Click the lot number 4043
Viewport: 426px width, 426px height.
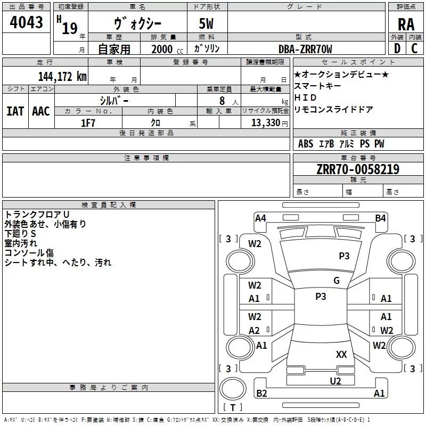[26, 23]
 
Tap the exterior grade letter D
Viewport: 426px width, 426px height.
[397, 48]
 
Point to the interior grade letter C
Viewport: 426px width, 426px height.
[414, 48]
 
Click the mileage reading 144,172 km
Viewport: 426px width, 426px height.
[62, 76]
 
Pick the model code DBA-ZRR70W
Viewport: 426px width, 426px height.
[305, 49]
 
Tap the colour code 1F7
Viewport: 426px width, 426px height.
[88, 122]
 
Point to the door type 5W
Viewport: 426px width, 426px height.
[207, 24]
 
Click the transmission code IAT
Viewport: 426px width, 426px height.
[15, 111]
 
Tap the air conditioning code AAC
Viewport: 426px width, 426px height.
[41, 111]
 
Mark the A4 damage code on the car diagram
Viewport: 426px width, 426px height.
[260, 218]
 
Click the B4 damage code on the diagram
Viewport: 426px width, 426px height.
[380, 218]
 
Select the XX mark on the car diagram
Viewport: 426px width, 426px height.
[341, 354]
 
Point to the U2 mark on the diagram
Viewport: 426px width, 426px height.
[335, 381]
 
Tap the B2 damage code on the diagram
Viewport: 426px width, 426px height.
[261, 394]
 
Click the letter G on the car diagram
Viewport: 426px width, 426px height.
[337, 281]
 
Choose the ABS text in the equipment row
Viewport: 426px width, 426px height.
[306, 144]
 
